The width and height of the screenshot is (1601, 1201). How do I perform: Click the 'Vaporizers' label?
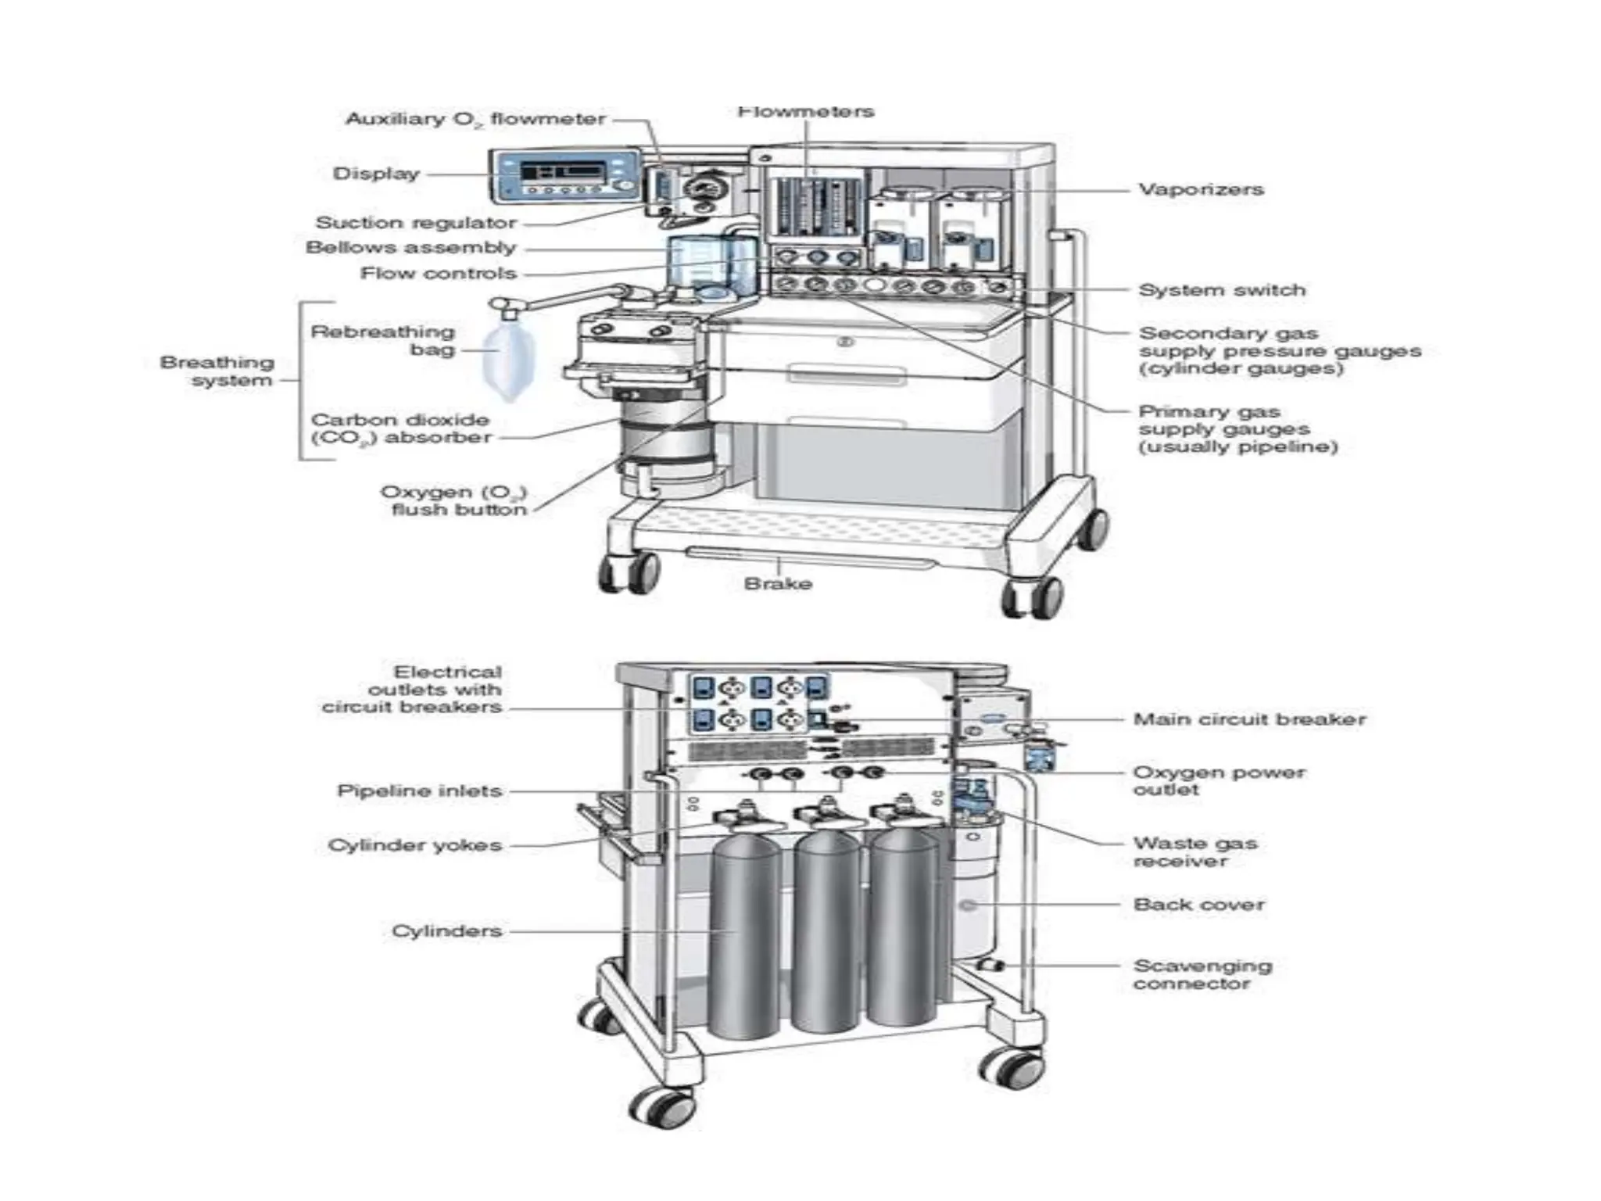1200,189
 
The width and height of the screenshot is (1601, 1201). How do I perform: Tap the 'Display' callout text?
376,174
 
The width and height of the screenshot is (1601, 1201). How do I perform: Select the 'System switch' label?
1221,290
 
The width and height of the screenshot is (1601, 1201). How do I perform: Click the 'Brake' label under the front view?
778,583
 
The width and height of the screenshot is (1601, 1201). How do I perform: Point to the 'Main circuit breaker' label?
1248,719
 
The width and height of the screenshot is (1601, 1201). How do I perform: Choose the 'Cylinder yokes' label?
414,845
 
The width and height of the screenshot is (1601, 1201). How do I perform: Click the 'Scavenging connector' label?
1202,974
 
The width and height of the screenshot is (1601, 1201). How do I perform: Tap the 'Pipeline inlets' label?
419,791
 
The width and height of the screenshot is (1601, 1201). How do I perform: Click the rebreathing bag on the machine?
502,361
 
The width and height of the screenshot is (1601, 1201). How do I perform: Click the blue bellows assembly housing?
711,266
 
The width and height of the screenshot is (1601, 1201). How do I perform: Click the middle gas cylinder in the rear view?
825,930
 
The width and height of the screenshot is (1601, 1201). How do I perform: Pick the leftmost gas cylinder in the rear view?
746,938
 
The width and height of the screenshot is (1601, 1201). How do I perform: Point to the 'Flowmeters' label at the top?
805,112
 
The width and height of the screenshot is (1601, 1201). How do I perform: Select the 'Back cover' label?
1198,905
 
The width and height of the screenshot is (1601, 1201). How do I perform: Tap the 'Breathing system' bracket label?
217,371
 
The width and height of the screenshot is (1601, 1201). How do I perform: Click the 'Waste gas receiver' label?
1194,851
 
